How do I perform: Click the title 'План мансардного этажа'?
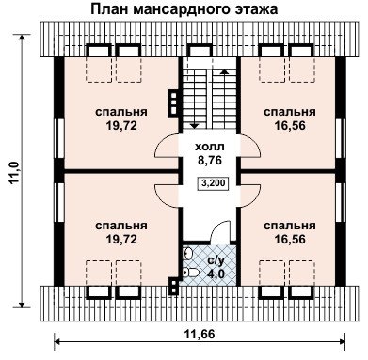(184, 9)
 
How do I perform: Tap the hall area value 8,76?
(210, 161)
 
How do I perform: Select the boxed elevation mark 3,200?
(214, 183)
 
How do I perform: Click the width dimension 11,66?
(200, 334)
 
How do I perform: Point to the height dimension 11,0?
(16, 172)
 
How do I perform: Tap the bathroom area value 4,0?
(216, 274)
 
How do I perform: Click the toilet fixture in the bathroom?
(190, 272)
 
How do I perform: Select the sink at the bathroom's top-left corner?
(187, 253)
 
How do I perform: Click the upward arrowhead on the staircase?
(224, 71)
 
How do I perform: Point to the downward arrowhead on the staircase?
(195, 125)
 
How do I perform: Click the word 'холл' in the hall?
(210, 147)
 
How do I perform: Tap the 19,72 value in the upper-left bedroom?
(121, 126)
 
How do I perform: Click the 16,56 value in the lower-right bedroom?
(290, 240)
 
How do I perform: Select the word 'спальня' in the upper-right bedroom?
(290, 112)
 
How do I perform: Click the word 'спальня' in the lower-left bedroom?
(121, 226)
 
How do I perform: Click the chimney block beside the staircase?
(173, 102)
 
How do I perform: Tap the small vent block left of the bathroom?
(173, 286)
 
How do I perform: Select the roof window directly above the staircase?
(199, 51)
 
